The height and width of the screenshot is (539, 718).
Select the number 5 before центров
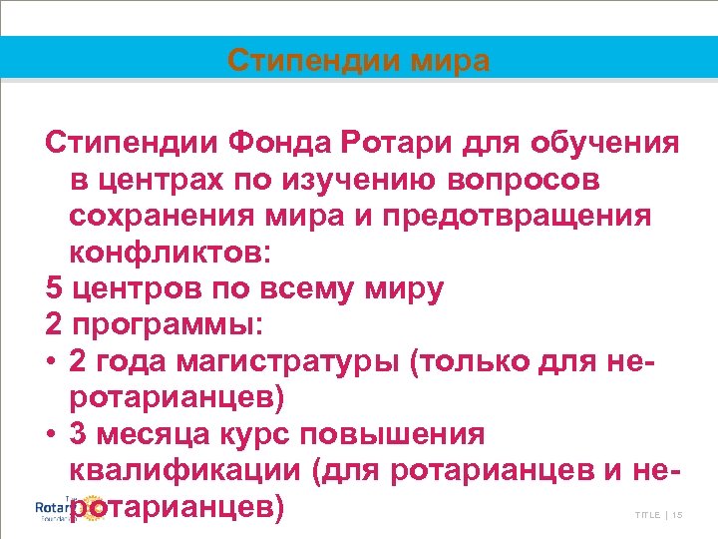tap(54, 289)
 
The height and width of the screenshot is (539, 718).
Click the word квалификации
tap(188, 470)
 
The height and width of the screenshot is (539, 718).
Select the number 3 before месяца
tap(81, 434)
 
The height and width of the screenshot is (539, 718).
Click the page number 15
tap(677, 515)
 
